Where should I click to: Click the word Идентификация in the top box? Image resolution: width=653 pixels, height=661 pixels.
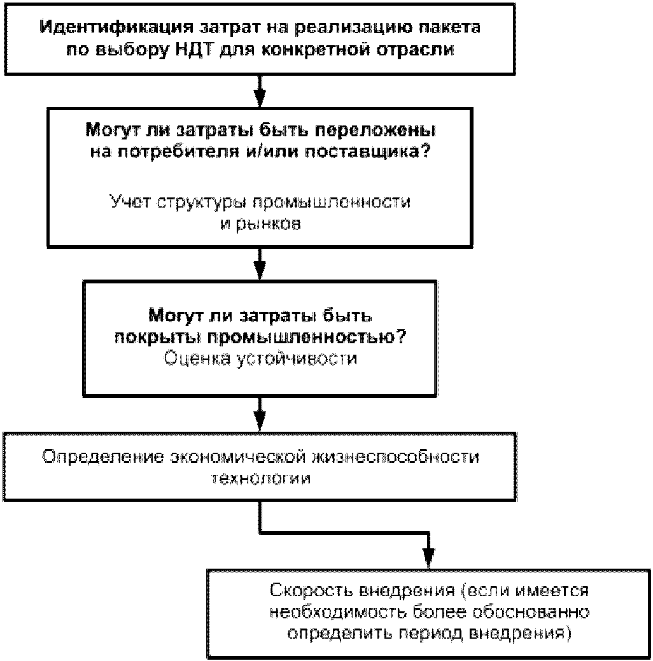click(x=116, y=28)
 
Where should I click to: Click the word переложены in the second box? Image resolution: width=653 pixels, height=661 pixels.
click(x=376, y=131)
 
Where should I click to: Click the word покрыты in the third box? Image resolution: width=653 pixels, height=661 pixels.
click(x=158, y=338)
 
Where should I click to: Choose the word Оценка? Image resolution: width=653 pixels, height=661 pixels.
click(x=197, y=359)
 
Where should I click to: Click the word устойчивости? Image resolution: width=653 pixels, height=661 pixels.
click(x=297, y=359)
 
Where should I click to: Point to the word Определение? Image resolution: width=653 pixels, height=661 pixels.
click(x=103, y=457)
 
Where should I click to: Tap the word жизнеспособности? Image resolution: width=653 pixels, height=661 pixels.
click(x=395, y=457)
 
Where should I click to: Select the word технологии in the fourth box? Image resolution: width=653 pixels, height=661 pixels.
click(x=261, y=478)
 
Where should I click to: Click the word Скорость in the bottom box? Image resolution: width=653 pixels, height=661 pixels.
click(x=311, y=590)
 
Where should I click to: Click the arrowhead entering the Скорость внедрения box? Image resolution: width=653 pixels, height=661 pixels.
click(x=428, y=559)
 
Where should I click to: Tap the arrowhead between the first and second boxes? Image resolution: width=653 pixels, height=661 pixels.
click(x=260, y=98)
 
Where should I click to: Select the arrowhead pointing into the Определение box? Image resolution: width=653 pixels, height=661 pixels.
click(x=260, y=422)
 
